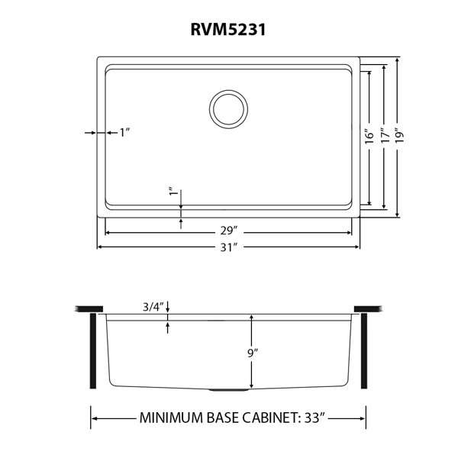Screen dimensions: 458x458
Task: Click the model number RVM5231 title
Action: click(229, 31)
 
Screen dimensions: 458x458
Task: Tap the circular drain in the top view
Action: click(229, 108)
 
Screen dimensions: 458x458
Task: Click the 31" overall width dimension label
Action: click(228, 247)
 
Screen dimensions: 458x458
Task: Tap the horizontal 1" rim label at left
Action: click(124, 132)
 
